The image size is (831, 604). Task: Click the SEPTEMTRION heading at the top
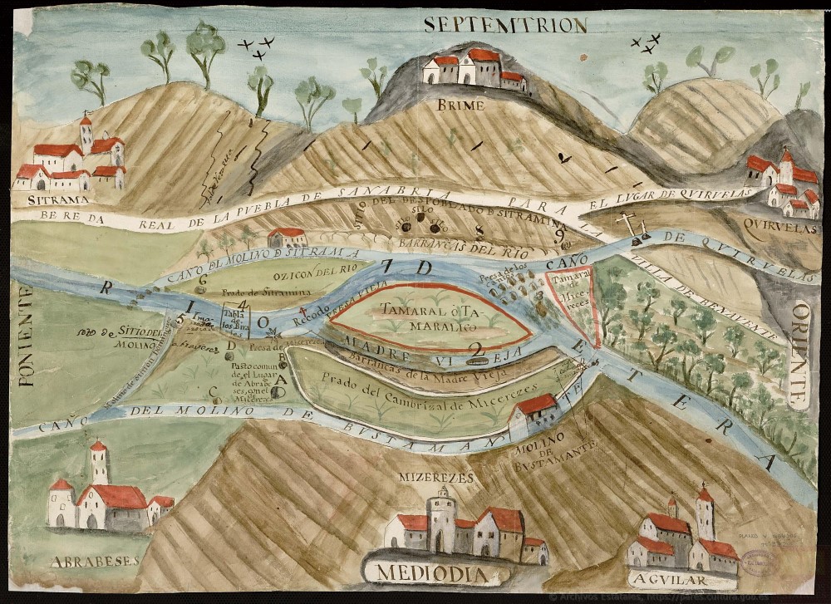click(x=504, y=24)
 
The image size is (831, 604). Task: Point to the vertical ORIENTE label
click(x=801, y=353)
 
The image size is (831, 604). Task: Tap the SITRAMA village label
click(x=46, y=200)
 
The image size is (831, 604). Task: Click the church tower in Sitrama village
click(x=86, y=135)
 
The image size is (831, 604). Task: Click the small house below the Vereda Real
click(x=288, y=237)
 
